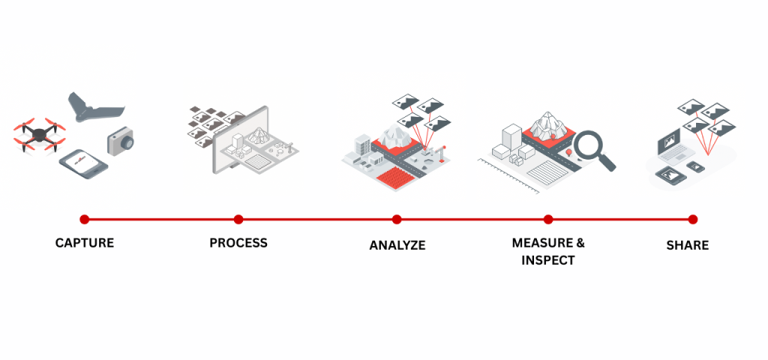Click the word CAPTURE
coord(85,244)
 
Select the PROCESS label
coord(238,243)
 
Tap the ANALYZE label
coord(397,245)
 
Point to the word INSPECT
coord(548,260)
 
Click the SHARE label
coord(688,245)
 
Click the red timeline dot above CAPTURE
coord(85,219)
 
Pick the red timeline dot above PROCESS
coord(238,219)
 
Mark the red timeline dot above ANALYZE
coord(397,219)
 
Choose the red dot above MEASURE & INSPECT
coord(548,219)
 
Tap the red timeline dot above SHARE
coord(693,219)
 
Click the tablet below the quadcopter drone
coord(83,163)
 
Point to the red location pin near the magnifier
coord(571,154)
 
